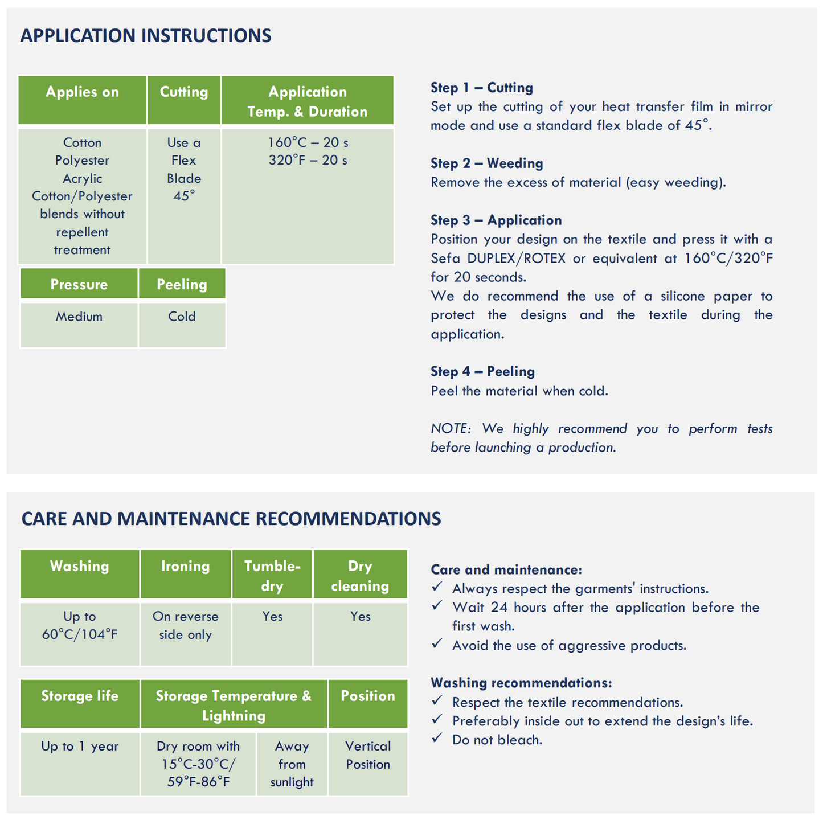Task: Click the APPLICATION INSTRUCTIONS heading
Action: (x=146, y=36)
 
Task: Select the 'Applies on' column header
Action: (x=83, y=92)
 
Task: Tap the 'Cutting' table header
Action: (x=184, y=92)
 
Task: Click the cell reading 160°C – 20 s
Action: (x=308, y=143)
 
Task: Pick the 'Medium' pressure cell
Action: (x=79, y=317)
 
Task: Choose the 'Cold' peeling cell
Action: (x=182, y=317)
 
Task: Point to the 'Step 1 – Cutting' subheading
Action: (x=482, y=88)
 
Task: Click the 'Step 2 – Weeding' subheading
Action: (x=487, y=163)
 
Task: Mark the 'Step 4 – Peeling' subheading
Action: (x=483, y=372)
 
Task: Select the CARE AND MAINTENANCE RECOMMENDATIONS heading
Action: (x=231, y=519)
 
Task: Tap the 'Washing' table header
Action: (x=80, y=567)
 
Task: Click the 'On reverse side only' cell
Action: (x=186, y=626)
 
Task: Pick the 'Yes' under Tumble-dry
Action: (x=272, y=617)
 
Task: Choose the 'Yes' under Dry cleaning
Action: (x=361, y=617)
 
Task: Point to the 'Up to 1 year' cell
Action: (x=80, y=747)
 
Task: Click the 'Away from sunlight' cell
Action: (x=292, y=764)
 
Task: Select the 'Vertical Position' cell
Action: (x=368, y=755)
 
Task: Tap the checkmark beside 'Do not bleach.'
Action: (x=437, y=739)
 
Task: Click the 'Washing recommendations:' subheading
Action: (x=521, y=683)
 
